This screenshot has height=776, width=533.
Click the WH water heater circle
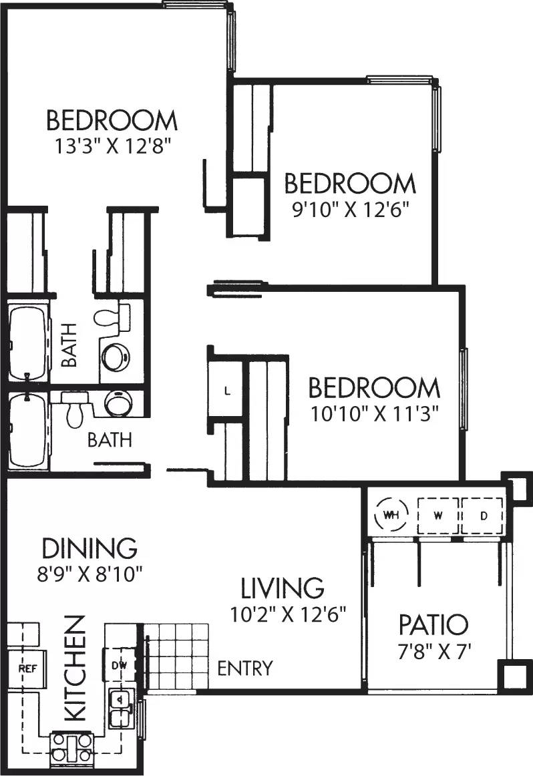391,516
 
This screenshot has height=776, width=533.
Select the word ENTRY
245,668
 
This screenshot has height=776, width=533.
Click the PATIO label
433,626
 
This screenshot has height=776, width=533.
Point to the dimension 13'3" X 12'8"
112,146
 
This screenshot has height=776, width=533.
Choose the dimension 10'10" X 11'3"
374,413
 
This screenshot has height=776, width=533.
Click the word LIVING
283,588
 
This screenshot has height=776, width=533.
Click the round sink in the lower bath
120,403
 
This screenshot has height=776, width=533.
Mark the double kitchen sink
120,708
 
